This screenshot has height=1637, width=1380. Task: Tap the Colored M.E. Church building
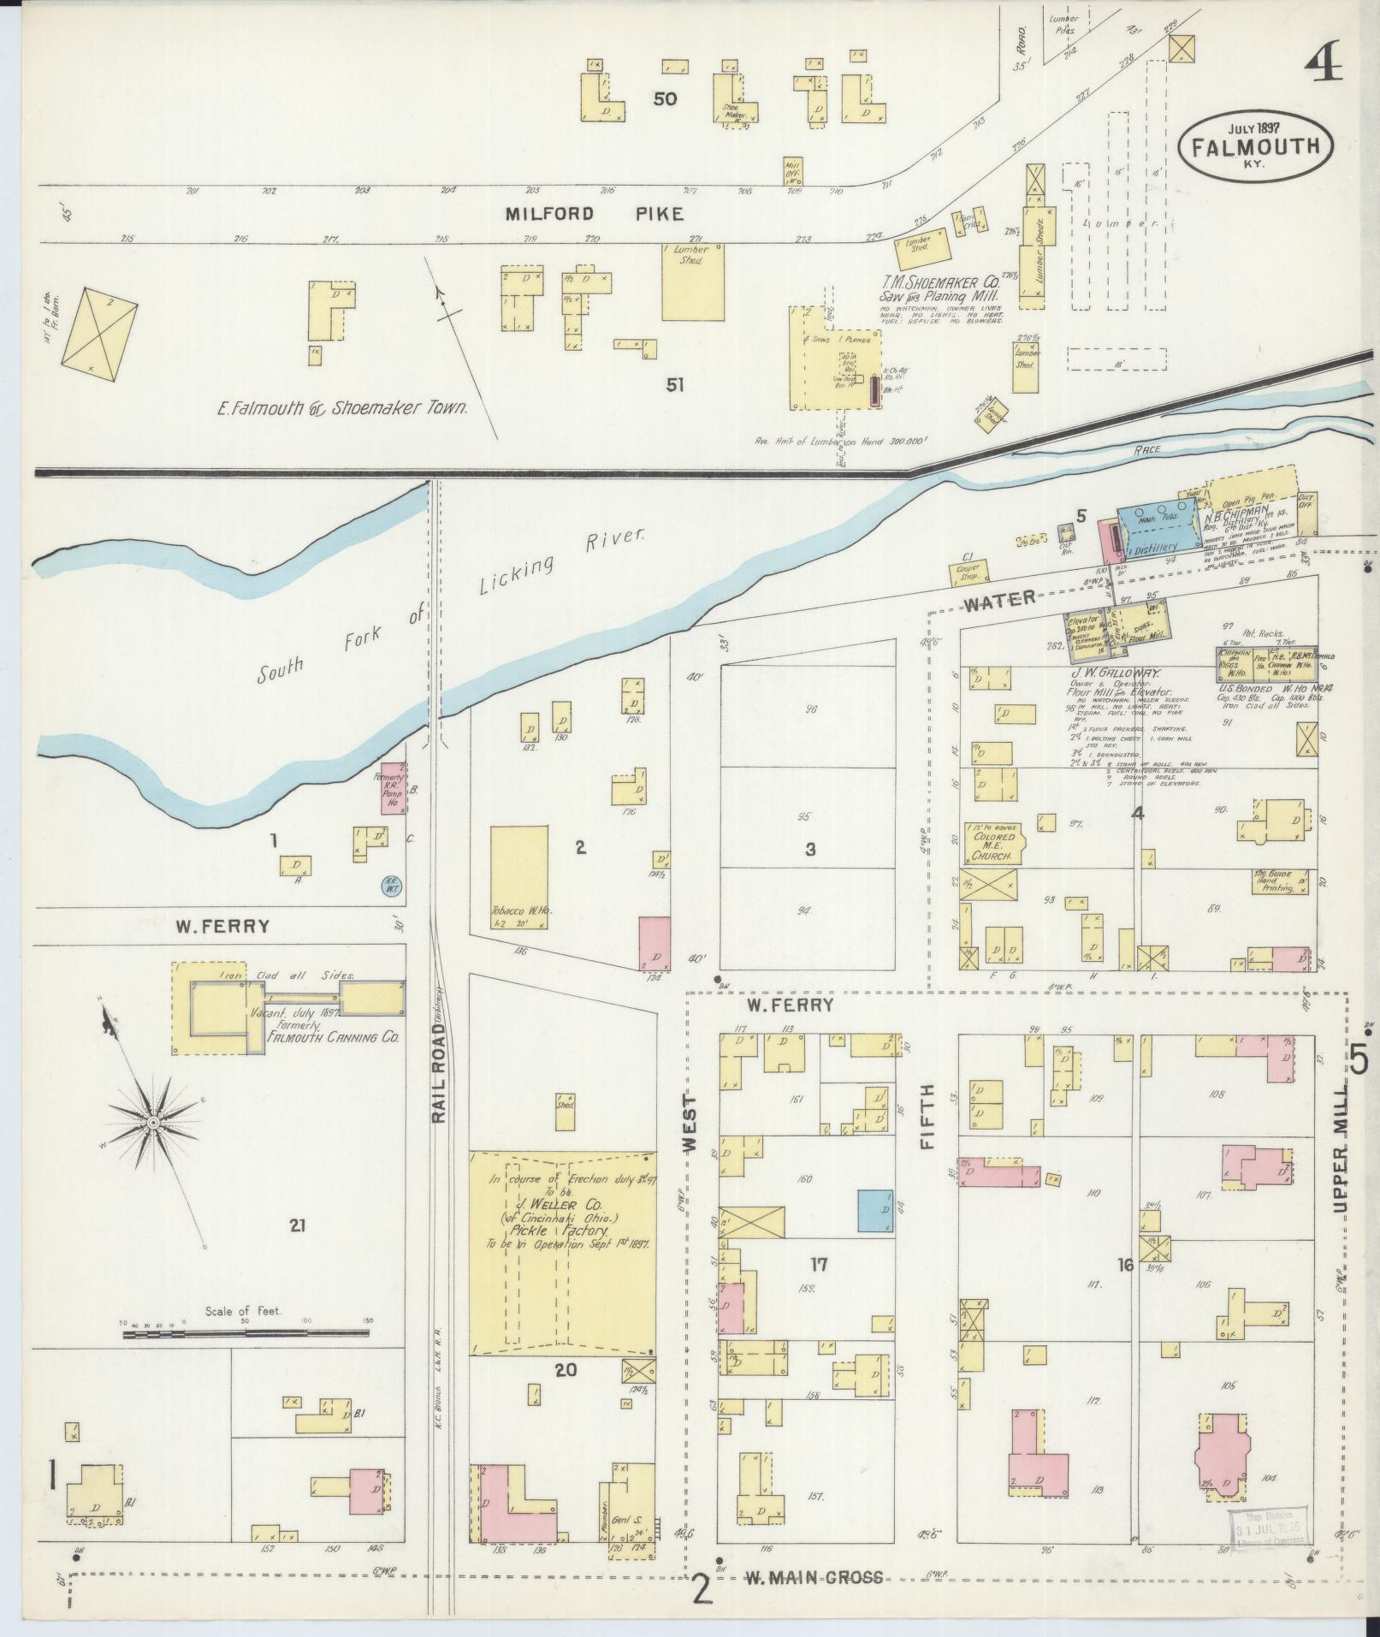(993, 844)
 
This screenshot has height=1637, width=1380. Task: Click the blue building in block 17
(874, 1212)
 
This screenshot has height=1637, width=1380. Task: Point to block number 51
(675, 386)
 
